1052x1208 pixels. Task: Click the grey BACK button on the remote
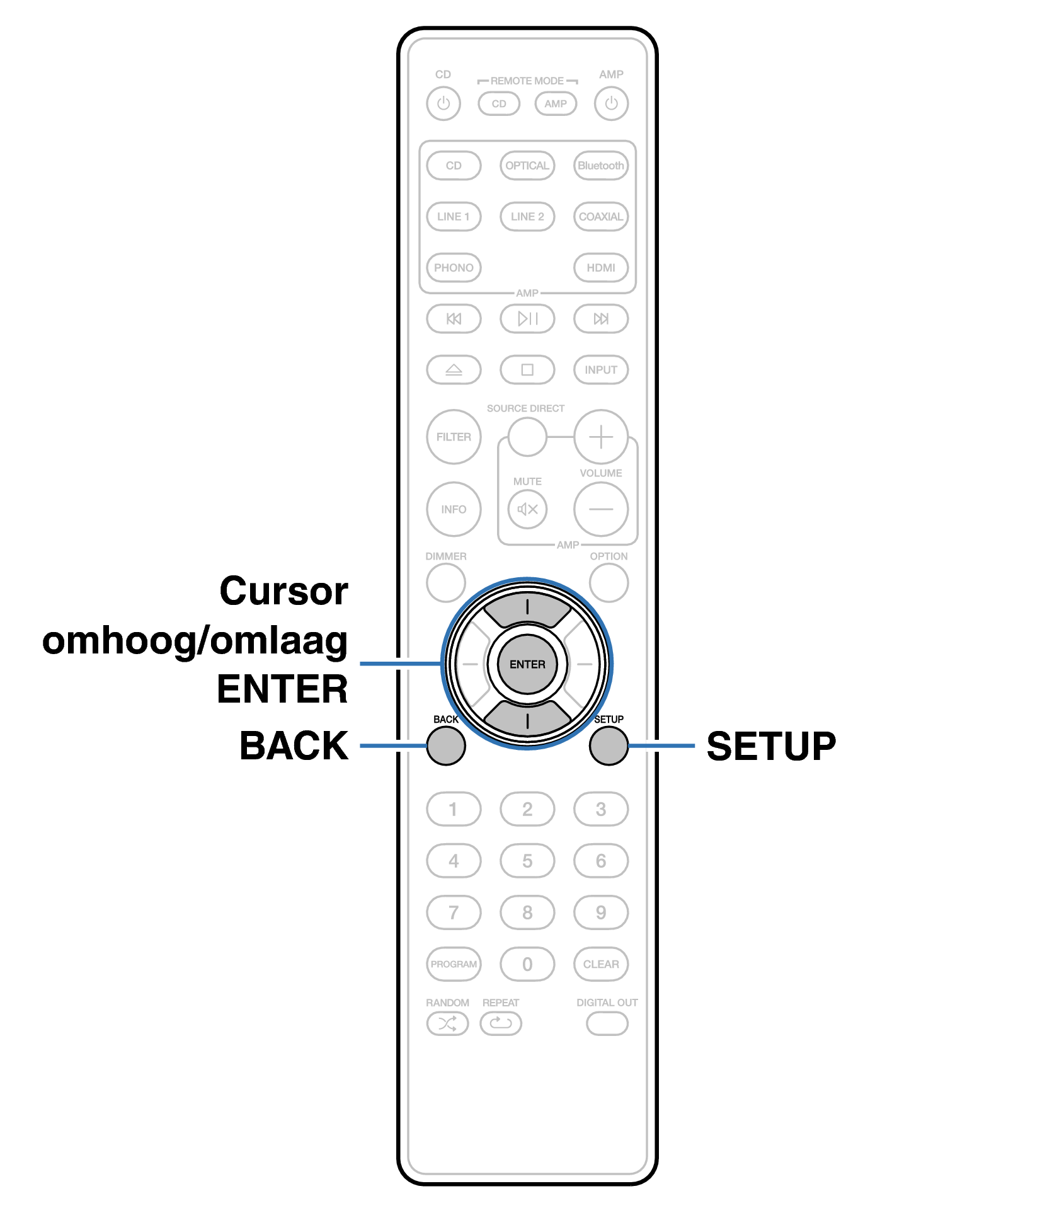446,745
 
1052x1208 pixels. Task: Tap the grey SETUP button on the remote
609,745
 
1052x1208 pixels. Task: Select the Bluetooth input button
601,166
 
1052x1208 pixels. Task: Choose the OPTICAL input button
527,166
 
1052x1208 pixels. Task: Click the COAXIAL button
601,217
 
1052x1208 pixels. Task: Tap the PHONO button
454,268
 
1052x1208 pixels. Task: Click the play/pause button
527,319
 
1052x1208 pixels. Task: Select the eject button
454,370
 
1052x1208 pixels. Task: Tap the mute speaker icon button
527,509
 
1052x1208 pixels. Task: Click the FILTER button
454,437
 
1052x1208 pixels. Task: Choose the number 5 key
527,861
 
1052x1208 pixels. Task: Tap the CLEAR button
601,964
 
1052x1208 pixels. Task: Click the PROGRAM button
454,964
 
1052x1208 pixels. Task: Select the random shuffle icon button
447,1023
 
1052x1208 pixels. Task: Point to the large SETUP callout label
771,746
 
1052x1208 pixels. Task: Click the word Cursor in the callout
283,591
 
